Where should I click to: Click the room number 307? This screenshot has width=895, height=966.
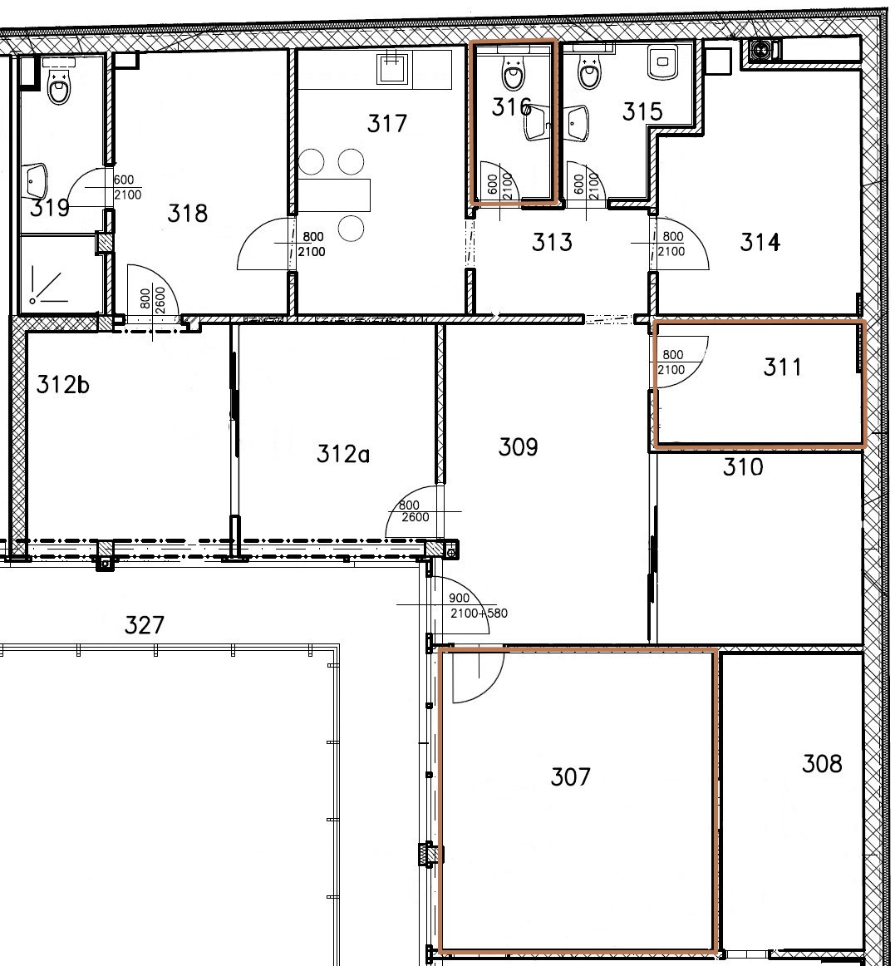pos(570,776)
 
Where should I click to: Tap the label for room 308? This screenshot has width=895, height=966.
pos(822,764)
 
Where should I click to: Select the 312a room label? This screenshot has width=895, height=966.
pos(343,454)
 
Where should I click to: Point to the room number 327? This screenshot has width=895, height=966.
pos(144,625)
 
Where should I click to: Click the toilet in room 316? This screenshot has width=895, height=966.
pos(513,74)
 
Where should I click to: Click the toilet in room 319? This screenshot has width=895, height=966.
pos(58,86)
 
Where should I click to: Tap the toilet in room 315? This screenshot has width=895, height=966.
pos(589,72)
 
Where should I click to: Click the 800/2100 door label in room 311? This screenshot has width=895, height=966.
pos(671,362)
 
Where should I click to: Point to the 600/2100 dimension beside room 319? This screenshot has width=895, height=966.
pos(127,187)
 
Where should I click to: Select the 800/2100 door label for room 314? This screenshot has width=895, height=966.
pos(671,244)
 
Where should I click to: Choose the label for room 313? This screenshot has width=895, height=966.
pos(552,242)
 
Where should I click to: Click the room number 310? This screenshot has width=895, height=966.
pos(743,467)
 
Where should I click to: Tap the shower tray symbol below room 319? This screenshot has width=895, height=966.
pos(49,287)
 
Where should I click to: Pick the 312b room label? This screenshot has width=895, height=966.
pos(63,384)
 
